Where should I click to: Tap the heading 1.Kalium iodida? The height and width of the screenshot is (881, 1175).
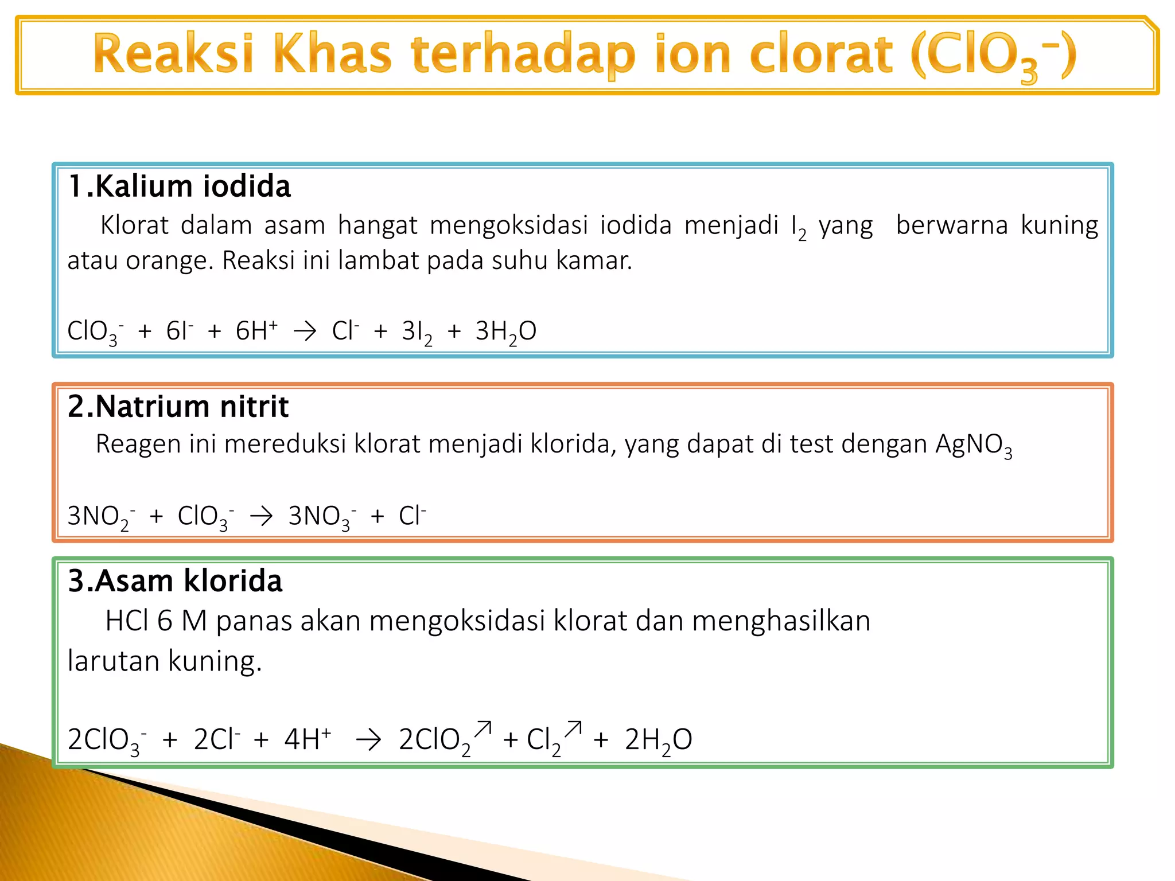[179, 186]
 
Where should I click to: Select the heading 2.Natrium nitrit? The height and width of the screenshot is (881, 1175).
[178, 407]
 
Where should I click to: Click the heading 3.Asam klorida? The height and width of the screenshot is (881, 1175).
[175, 581]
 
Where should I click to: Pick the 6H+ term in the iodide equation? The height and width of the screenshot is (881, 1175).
[256, 331]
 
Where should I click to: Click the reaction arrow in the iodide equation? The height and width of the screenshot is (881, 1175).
[305, 331]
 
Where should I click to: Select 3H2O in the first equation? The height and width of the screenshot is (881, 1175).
[505, 332]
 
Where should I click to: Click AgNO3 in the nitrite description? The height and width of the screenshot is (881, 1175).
[974, 445]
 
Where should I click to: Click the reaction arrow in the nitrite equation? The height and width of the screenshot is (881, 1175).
[261, 516]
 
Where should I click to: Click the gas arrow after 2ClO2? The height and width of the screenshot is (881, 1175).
[484, 729]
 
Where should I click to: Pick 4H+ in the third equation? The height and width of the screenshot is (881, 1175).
[308, 739]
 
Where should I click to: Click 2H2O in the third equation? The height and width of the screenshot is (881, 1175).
[658, 740]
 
